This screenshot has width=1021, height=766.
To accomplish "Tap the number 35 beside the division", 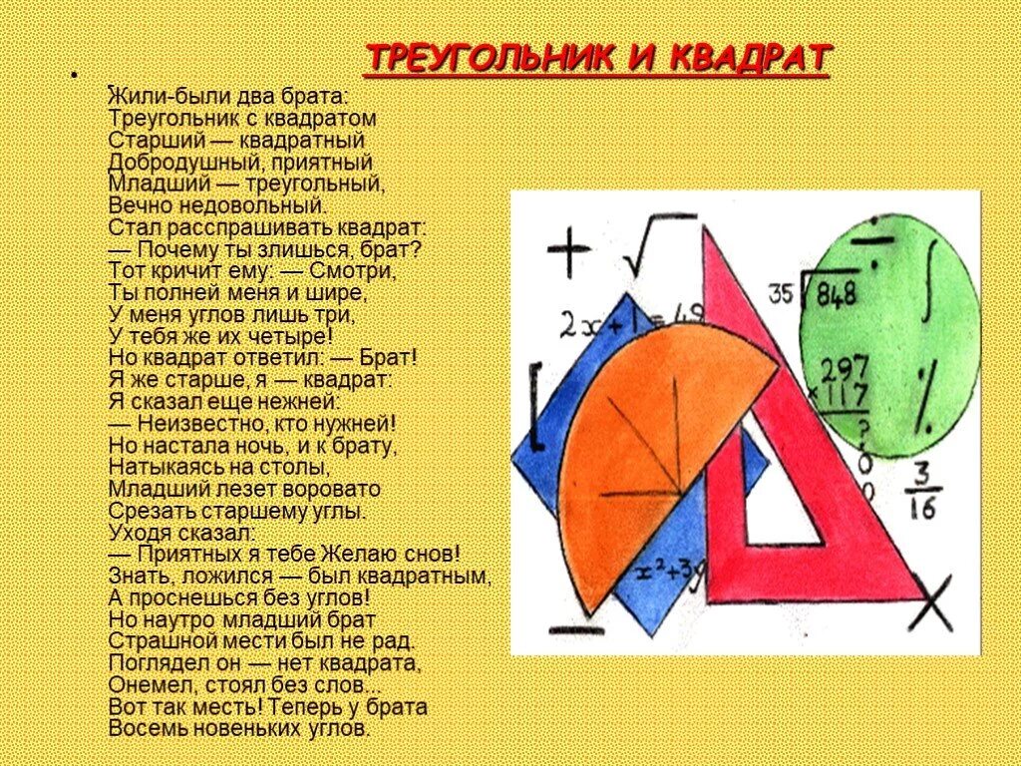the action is (781, 294).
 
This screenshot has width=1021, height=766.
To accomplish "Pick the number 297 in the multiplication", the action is (846, 368).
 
